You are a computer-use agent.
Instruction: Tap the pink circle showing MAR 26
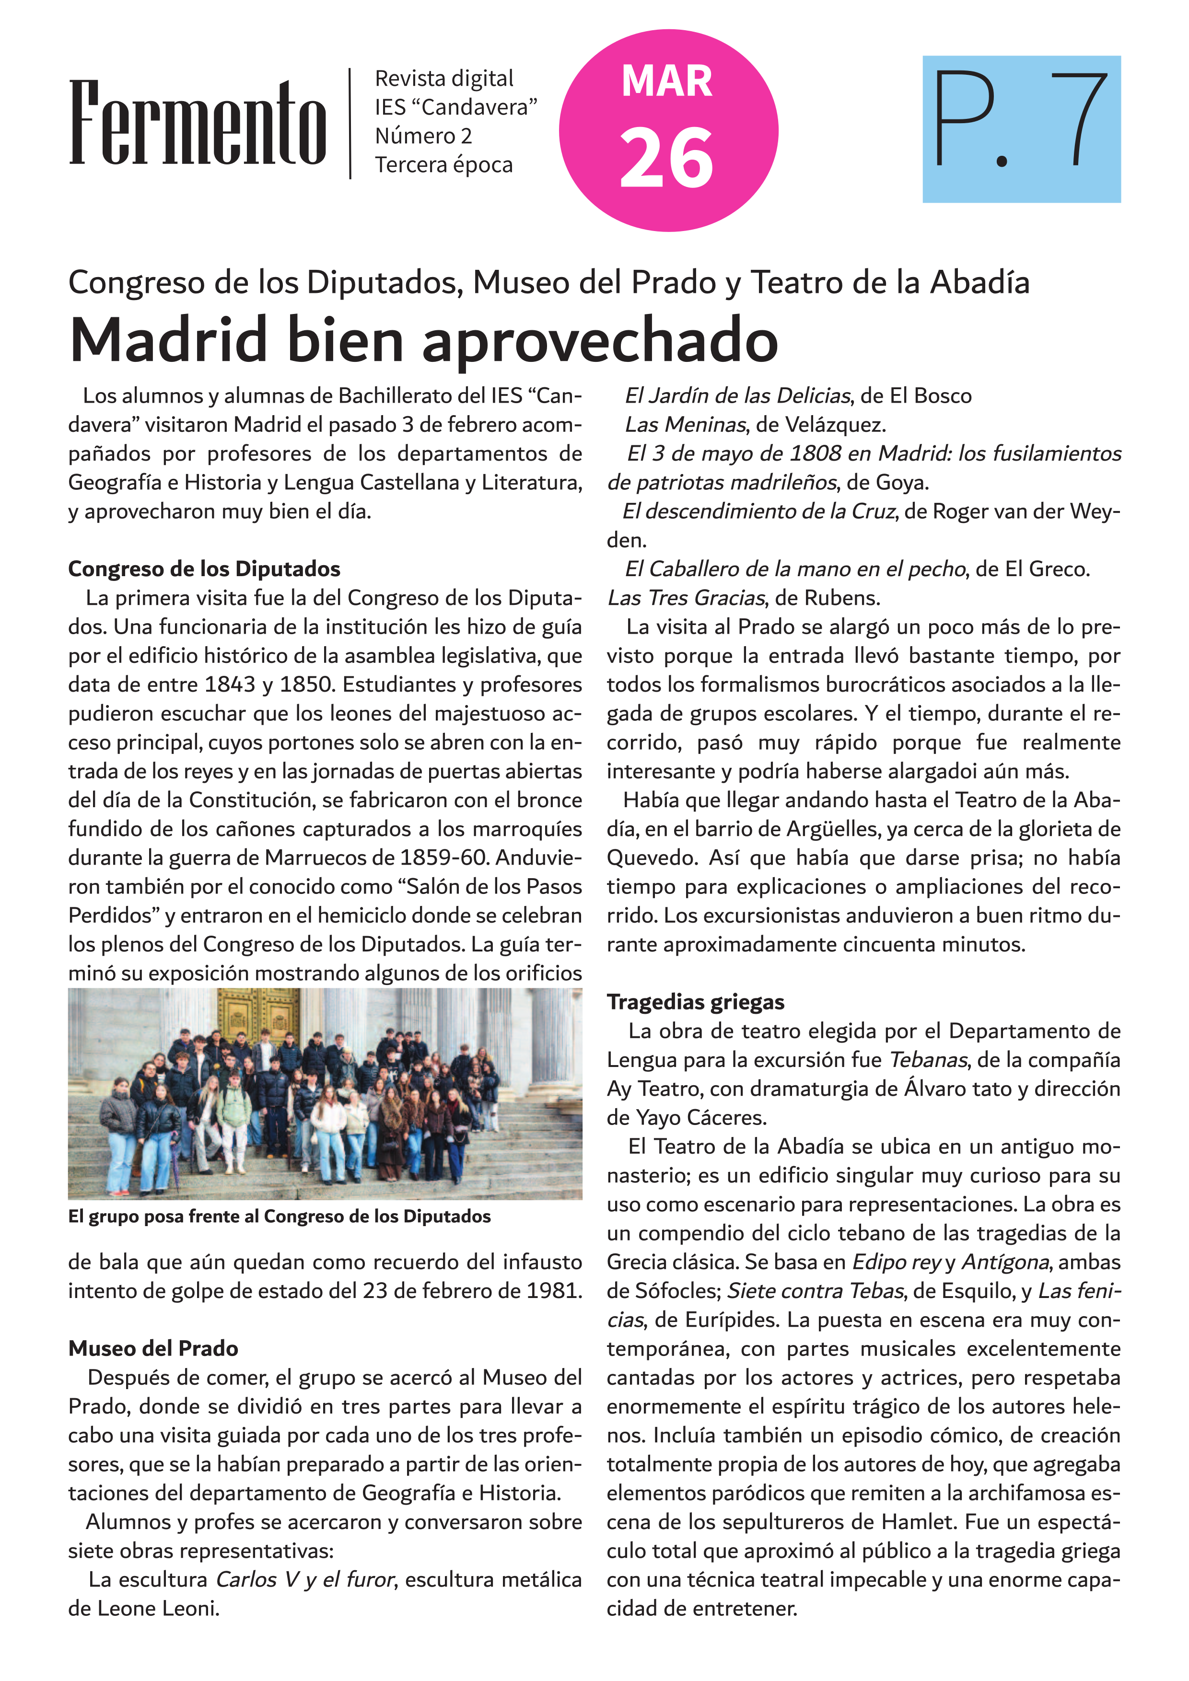(x=668, y=130)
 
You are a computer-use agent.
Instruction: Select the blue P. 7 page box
(x=1021, y=129)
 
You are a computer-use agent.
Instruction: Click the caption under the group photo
(x=279, y=1217)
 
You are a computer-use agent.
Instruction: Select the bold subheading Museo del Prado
(x=153, y=1349)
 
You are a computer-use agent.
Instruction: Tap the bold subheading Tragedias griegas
(x=695, y=1002)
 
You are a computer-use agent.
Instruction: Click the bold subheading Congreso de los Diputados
(x=204, y=569)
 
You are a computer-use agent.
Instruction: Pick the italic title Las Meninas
(x=685, y=425)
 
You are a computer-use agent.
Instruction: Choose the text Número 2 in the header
(x=423, y=136)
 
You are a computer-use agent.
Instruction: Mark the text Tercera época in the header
(x=443, y=165)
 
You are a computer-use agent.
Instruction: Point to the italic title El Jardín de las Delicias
(x=736, y=396)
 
